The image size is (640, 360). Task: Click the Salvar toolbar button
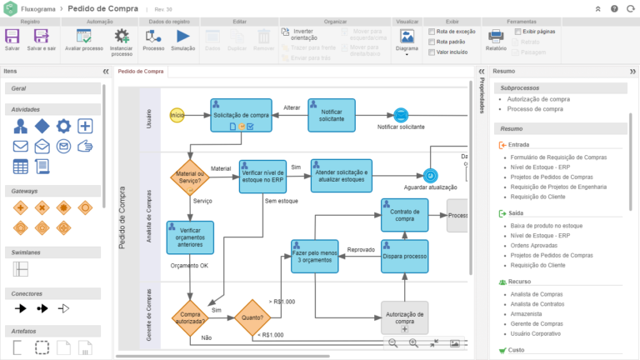click(x=12, y=39)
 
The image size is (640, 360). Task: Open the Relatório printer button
click(x=496, y=38)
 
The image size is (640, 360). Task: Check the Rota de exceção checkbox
click(x=429, y=31)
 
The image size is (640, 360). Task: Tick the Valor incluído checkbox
click(x=429, y=52)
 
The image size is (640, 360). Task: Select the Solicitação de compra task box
click(x=241, y=115)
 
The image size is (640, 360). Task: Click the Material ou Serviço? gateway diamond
click(x=190, y=177)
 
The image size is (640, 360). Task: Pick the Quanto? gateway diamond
click(x=252, y=317)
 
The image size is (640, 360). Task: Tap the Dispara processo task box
click(x=404, y=256)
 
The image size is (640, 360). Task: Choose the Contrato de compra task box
click(x=404, y=215)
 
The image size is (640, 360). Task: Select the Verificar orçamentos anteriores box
click(x=190, y=237)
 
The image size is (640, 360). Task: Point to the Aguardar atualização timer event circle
click(x=430, y=176)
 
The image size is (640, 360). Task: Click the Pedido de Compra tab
click(x=140, y=72)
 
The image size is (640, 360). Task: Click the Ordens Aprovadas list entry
click(x=534, y=245)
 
